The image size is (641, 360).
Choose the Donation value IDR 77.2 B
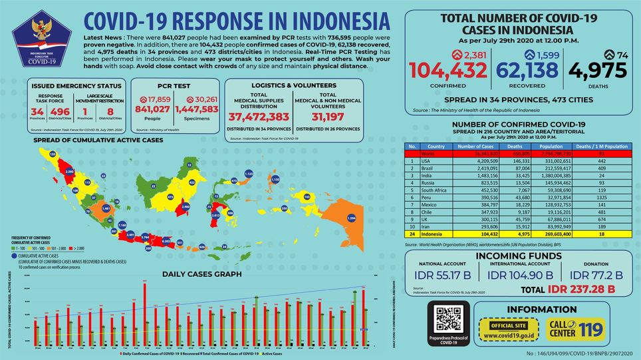596,275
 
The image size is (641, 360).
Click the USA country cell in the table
436,160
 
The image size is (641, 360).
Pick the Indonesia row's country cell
436,235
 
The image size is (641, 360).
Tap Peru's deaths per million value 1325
601,198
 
